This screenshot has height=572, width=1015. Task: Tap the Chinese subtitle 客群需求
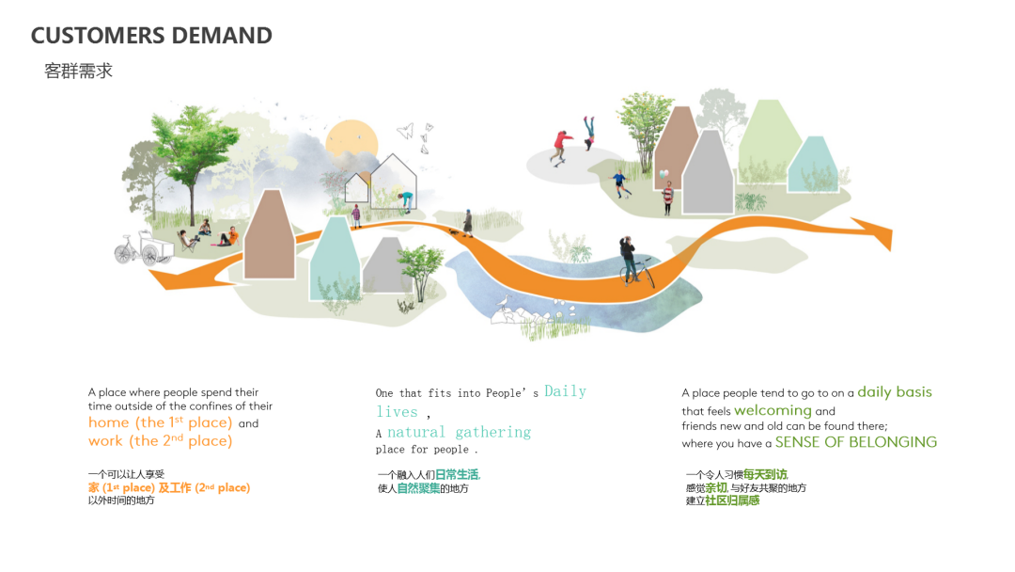(x=78, y=71)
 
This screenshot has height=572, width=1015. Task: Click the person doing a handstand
(x=588, y=133)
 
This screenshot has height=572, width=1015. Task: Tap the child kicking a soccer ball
(x=621, y=184)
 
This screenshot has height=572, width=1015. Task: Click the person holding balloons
(x=666, y=194)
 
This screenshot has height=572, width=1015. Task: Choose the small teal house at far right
(x=813, y=165)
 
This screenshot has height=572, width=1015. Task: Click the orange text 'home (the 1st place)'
(x=161, y=422)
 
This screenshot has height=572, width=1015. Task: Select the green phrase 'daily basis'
(x=895, y=392)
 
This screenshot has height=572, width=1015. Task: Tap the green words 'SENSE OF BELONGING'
(x=856, y=442)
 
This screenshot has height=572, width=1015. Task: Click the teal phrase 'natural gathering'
(x=459, y=432)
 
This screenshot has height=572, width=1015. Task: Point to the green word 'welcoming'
(x=773, y=411)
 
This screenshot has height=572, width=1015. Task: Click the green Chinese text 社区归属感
(x=732, y=500)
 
